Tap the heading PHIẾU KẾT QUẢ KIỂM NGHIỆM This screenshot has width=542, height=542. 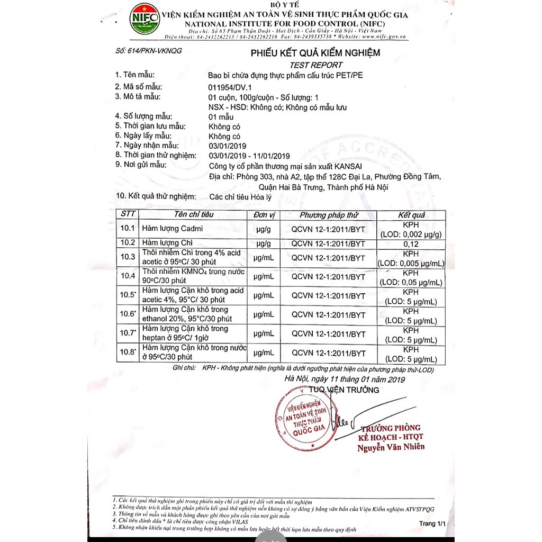pyautogui.click(x=315, y=53)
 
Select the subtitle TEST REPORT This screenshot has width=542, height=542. pyautogui.click(x=316, y=65)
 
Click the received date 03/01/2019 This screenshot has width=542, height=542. pyautogui.click(x=228, y=146)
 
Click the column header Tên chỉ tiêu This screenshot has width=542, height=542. pyautogui.click(x=194, y=215)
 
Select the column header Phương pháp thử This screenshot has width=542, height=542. pyautogui.click(x=329, y=215)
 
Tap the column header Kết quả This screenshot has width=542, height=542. pyautogui.click(x=411, y=215)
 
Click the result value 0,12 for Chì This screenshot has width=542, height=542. pyautogui.click(x=411, y=243)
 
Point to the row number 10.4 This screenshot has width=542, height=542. pyautogui.click(x=129, y=276)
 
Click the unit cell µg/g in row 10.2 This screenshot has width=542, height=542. pyautogui.click(x=264, y=243)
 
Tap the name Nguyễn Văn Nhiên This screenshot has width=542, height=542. pyautogui.click(x=391, y=446)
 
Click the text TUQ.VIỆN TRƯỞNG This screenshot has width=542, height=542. pyautogui.click(x=344, y=390)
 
